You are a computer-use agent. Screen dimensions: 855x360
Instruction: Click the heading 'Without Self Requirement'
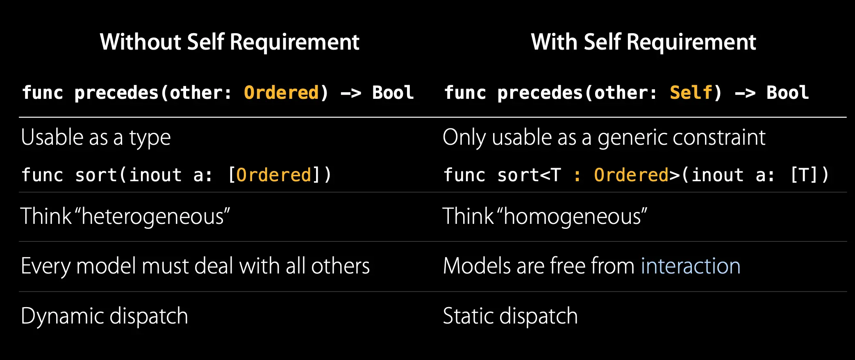[230, 42]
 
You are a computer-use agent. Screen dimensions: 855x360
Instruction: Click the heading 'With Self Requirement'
[643, 42]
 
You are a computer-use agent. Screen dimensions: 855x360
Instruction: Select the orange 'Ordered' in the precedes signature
[281, 93]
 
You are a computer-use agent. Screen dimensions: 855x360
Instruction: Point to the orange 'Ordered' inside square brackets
[274, 175]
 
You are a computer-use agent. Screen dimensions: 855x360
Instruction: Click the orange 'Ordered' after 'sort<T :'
[631, 175]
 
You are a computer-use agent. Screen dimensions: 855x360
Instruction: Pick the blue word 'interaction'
[691, 266]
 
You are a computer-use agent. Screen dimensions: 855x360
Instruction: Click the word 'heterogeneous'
[155, 216]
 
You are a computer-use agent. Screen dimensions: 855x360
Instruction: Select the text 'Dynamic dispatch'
[104, 316]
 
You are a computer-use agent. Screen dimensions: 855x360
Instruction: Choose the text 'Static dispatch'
[510, 316]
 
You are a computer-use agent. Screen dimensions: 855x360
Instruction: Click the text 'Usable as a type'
[96, 137]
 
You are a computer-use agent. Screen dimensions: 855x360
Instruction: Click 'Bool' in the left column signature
[393, 93]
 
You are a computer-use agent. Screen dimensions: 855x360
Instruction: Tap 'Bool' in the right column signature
[787, 93]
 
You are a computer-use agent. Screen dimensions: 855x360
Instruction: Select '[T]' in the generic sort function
[804, 175]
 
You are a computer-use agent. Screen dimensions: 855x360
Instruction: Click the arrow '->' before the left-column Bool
[351, 93]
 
